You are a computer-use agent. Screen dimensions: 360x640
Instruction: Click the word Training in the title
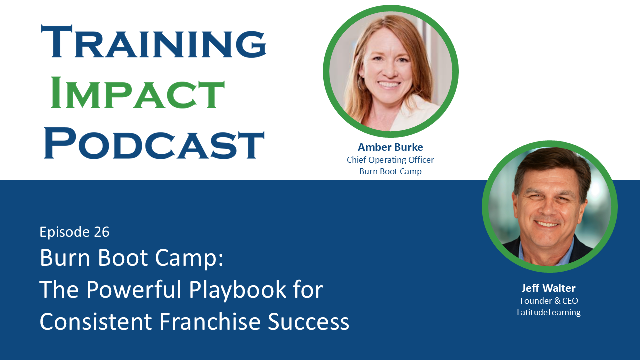coord(154,42)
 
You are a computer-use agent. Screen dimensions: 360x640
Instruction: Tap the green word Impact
coord(138,92)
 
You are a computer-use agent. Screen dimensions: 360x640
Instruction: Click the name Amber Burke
coord(390,147)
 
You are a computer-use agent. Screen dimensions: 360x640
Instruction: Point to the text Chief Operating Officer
coord(390,160)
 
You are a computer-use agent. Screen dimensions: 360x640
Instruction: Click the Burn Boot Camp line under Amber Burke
coord(390,171)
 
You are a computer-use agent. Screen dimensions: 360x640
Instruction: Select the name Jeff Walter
coord(548,288)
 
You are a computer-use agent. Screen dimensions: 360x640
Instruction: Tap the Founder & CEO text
coord(549,301)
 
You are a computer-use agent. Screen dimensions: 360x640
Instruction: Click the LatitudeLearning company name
coord(549,312)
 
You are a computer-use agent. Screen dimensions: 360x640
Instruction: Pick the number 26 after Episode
coord(101,232)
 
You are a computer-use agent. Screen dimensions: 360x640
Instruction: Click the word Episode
coord(63,232)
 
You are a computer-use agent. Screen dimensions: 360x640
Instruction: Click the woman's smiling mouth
coord(388,85)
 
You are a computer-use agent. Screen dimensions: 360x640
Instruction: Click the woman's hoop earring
coord(361,84)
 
